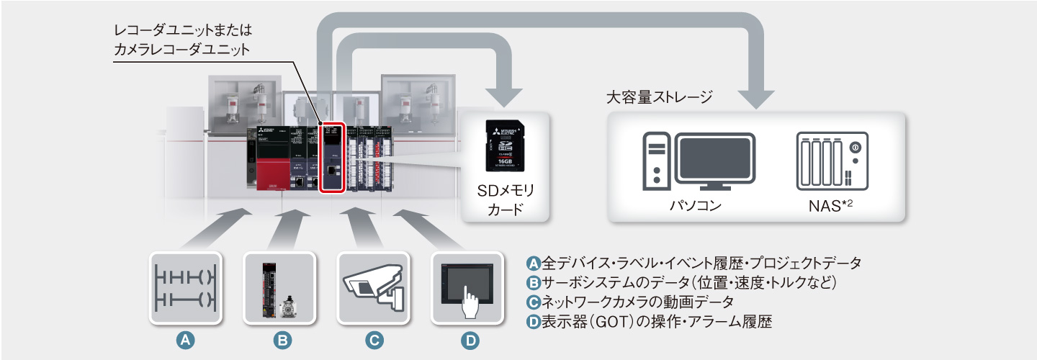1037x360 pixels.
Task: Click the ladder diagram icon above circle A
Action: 186,287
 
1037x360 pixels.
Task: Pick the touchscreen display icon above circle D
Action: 467,287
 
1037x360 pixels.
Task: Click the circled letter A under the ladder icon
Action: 186,341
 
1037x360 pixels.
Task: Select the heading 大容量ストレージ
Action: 660,96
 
